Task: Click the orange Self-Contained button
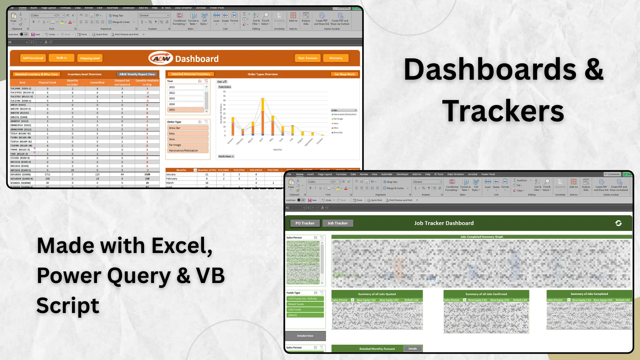[x=33, y=58]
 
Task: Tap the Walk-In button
[x=61, y=58]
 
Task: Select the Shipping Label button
[x=90, y=58]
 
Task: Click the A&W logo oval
[x=161, y=58]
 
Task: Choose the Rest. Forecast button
[x=308, y=58]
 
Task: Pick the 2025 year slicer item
[x=185, y=110]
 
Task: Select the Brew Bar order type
[x=188, y=128]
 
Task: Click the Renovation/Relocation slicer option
[x=188, y=151]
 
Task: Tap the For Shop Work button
[x=344, y=74]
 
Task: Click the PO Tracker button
[x=305, y=223]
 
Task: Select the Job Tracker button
[x=337, y=223]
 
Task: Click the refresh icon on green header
[x=618, y=223]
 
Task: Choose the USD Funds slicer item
[x=305, y=310]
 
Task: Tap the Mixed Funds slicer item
[x=305, y=304]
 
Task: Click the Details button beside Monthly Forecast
[x=413, y=349]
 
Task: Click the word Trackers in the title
[x=503, y=111]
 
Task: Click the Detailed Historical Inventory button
[x=191, y=74]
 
